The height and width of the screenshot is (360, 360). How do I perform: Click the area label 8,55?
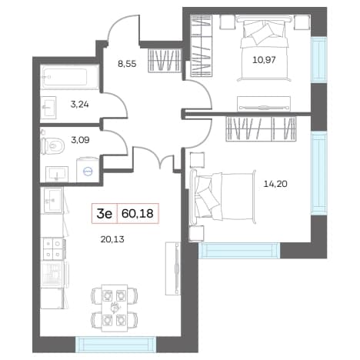click(x=127, y=64)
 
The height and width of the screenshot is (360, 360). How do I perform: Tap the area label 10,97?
click(x=264, y=60)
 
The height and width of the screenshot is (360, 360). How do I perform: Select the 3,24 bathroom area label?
click(x=80, y=105)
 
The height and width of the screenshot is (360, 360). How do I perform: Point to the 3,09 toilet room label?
click(x=80, y=140)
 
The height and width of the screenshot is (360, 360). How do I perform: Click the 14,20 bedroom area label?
click(x=275, y=184)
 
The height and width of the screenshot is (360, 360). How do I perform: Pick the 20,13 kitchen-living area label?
click(x=112, y=239)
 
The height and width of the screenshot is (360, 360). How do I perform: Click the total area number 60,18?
click(x=138, y=213)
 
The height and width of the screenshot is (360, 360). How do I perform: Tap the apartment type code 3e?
click(x=105, y=214)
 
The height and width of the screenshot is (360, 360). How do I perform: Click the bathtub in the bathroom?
click(x=70, y=77)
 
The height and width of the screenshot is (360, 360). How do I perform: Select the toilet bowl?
click(x=52, y=145)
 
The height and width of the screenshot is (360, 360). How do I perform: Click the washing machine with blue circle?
click(x=88, y=170)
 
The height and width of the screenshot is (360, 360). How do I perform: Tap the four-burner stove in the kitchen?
click(x=53, y=248)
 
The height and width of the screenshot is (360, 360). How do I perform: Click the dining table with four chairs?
click(x=114, y=308)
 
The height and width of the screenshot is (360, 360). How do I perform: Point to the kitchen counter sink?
click(x=53, y=201)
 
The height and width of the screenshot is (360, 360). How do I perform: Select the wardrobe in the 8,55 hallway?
click(x=165, y=60)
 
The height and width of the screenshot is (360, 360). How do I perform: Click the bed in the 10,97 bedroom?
click(x=265, y=48)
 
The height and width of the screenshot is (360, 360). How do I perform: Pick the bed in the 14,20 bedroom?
click(x=223, y=196)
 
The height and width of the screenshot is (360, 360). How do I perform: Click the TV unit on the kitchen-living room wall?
click(x=173, y=268)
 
